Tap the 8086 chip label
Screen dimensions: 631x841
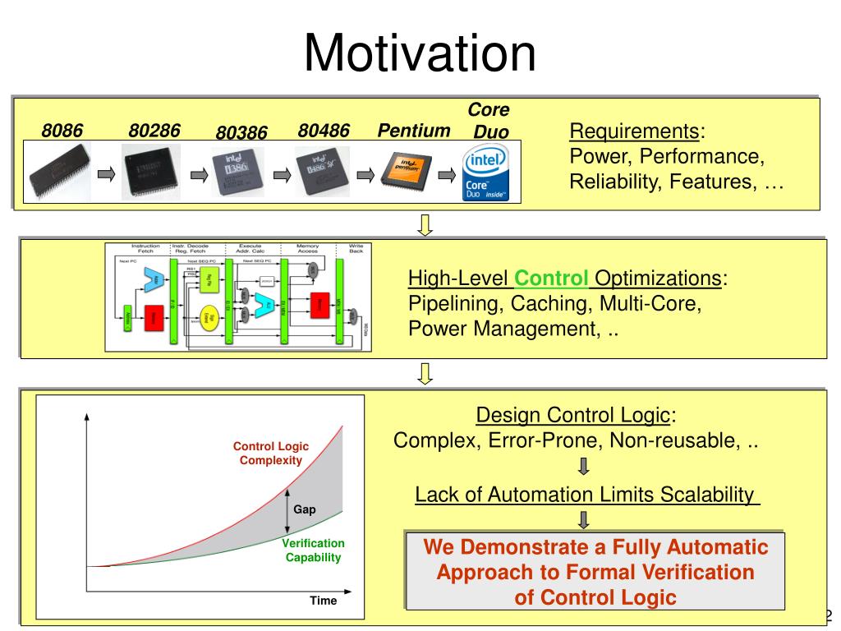click(62, 131)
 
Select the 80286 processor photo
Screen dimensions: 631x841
click(151, 172)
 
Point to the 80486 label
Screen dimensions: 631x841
click(324, 131)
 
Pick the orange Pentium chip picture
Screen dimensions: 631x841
click(404, 171)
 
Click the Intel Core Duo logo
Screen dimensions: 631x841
click(485, 172)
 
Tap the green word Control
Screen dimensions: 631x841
click(552, 279)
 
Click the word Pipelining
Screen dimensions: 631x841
click(456, 304)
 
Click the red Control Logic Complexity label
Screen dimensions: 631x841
click(271, 454)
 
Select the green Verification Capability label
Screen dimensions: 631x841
click(313, 550)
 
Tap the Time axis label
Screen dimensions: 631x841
click(323, 601)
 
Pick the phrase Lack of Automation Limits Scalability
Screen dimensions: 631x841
click(585, 495)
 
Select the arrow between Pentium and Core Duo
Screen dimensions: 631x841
click(446, 174)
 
